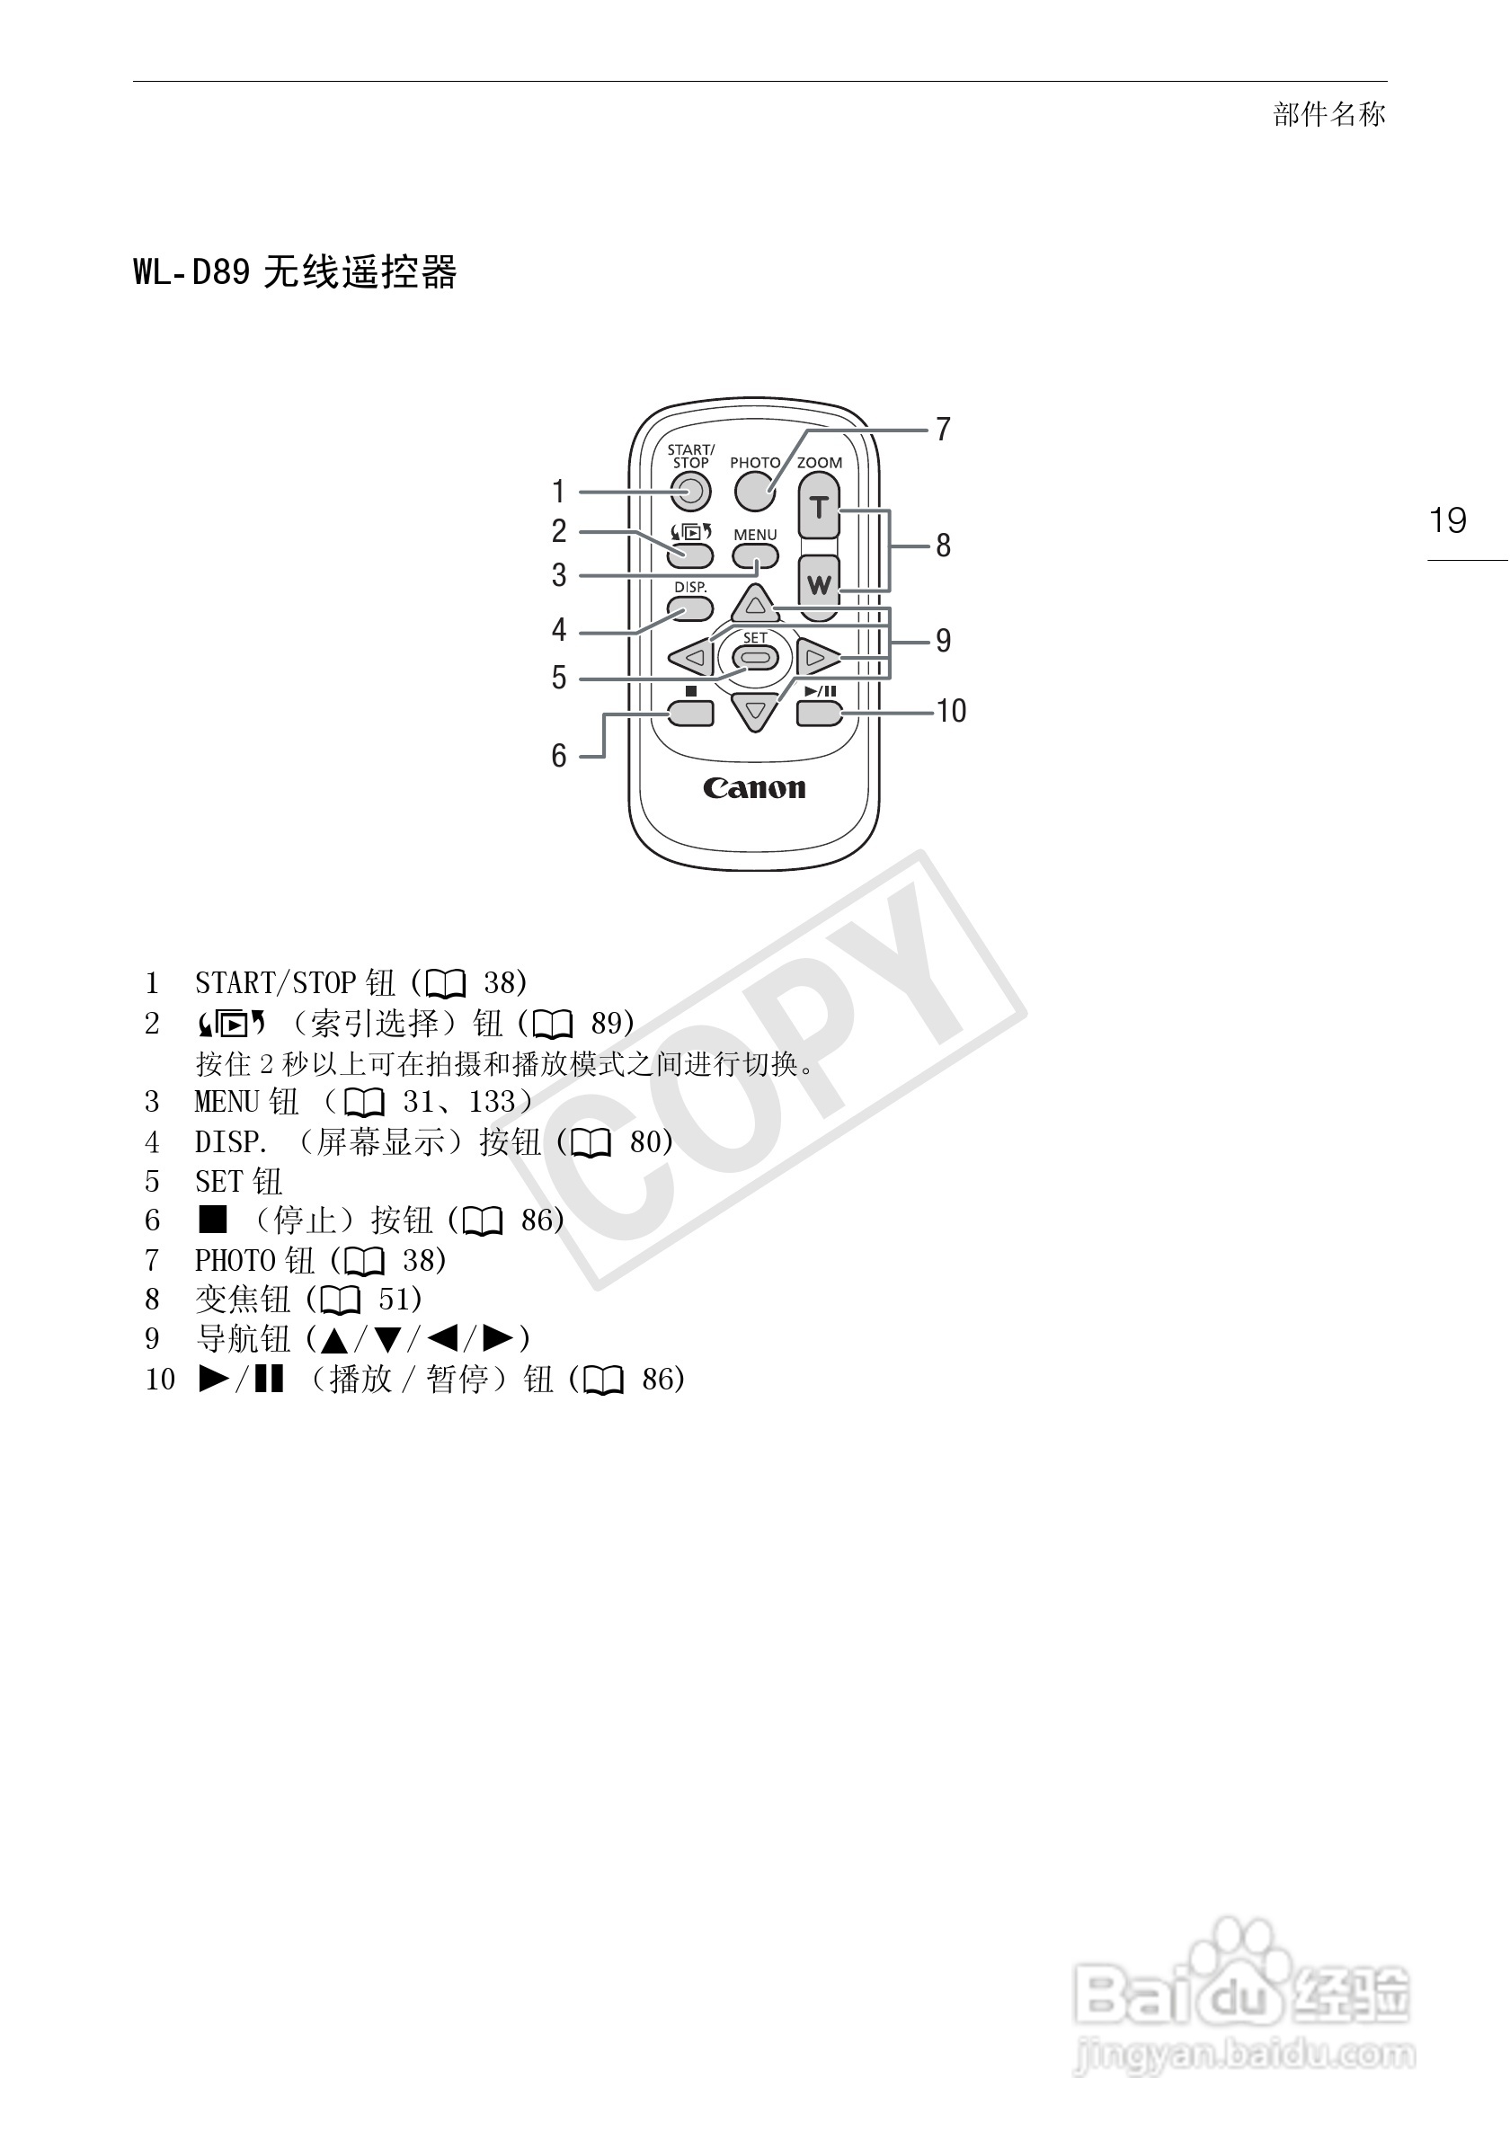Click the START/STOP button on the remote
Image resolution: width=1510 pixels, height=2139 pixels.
click(690, 492)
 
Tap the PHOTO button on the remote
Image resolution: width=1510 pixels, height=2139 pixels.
click(754, 492)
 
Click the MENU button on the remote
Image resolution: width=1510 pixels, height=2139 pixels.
click(754, 557)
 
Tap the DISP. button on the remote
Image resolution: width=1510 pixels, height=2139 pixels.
click(690, 609)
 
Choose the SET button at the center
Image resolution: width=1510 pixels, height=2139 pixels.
click(756, 659)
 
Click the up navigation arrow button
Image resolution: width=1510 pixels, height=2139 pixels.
click(756, 606)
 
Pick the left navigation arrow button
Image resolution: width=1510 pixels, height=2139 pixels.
click(692, 659)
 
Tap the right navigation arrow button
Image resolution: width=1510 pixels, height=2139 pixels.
click(817, 659)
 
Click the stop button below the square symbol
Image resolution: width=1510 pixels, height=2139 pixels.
click(690, 714)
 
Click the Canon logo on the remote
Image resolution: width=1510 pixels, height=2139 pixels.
click(754, 788)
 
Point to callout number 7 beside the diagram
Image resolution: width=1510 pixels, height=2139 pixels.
click(943, 430)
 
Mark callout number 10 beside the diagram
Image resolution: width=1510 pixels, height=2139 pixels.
click(951, 712)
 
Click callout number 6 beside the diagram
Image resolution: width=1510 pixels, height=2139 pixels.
click(559, 756)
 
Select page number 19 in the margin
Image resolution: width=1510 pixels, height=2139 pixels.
click(1448, 520)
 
